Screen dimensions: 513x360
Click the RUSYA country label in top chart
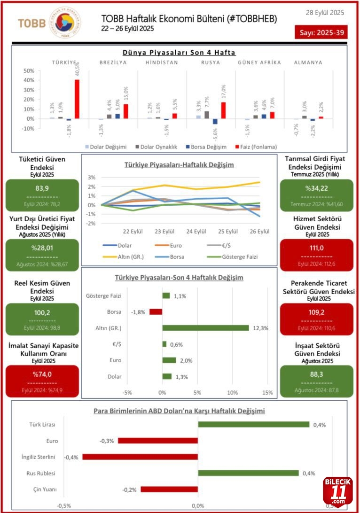211,62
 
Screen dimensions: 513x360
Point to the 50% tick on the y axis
29,70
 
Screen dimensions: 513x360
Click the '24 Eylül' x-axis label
196,232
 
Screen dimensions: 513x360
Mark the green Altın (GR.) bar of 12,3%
205,328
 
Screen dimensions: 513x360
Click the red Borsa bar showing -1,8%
156,311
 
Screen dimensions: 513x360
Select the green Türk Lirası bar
253,425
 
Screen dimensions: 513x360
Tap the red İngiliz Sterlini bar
140,457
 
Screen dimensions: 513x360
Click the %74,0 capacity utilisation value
42,374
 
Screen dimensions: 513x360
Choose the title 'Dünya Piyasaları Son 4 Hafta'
179,53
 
